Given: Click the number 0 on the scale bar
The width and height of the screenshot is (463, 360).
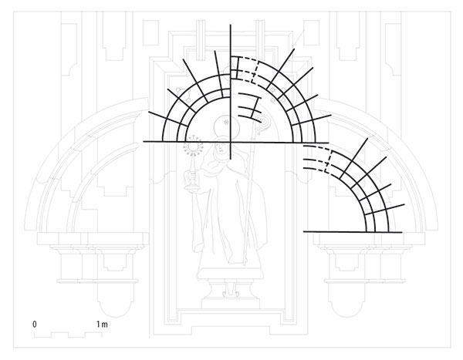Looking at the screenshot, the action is tap(35, 325).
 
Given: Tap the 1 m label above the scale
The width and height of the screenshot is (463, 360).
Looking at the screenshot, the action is tap(102, 325).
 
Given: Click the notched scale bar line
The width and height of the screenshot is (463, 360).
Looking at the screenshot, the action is tap(68, 335).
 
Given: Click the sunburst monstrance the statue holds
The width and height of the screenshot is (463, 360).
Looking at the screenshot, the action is tap(193, 146).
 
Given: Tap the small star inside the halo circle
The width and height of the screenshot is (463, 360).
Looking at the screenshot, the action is tap(226, 122).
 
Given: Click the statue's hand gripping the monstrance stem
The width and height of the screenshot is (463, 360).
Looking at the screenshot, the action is tap(192, 177).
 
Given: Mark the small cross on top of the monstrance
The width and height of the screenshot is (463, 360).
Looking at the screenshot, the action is tap(194, 137).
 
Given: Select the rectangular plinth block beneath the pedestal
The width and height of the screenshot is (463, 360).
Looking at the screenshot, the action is tap(230, 303).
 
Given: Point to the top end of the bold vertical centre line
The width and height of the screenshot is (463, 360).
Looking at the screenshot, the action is tap(230, 25).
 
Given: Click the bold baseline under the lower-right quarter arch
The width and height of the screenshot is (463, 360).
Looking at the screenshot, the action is tap(353, 232).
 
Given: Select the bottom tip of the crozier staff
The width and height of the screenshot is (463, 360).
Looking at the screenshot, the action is tap(245, 264).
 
